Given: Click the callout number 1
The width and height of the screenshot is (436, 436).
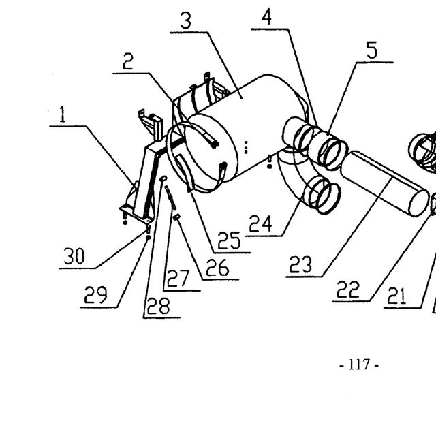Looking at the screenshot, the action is [x=63, y=114].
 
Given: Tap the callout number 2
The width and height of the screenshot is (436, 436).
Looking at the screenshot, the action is [x=128, y=61].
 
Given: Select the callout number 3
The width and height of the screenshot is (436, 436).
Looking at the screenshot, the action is [x=186, y=20].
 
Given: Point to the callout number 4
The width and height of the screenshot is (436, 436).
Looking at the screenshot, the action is [x=266, y=16].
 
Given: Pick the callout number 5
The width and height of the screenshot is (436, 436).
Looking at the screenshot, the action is [x=372, y=50].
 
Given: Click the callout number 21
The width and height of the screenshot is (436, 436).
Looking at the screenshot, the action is [x=396, y=296].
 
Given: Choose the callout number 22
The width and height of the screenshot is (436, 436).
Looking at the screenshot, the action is [x=348, y=289].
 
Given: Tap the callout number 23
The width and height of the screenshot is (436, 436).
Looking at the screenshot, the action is [x=300, y=264].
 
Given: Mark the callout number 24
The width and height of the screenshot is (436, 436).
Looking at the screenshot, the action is [x=260, y=224].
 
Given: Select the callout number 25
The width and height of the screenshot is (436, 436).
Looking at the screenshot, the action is [x=229, y=240].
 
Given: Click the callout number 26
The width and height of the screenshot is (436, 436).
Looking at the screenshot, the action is [x=217, y=267].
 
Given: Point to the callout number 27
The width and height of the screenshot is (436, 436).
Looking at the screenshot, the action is [x=178, y=279].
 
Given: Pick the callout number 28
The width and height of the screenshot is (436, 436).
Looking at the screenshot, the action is [x=158, y=306].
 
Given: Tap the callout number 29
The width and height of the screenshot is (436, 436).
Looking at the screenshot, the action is [x=95, y=295].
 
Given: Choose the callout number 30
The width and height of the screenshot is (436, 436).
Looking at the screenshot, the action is [x=74, y=256].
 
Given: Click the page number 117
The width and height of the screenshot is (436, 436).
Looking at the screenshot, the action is [x=359, y=364].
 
